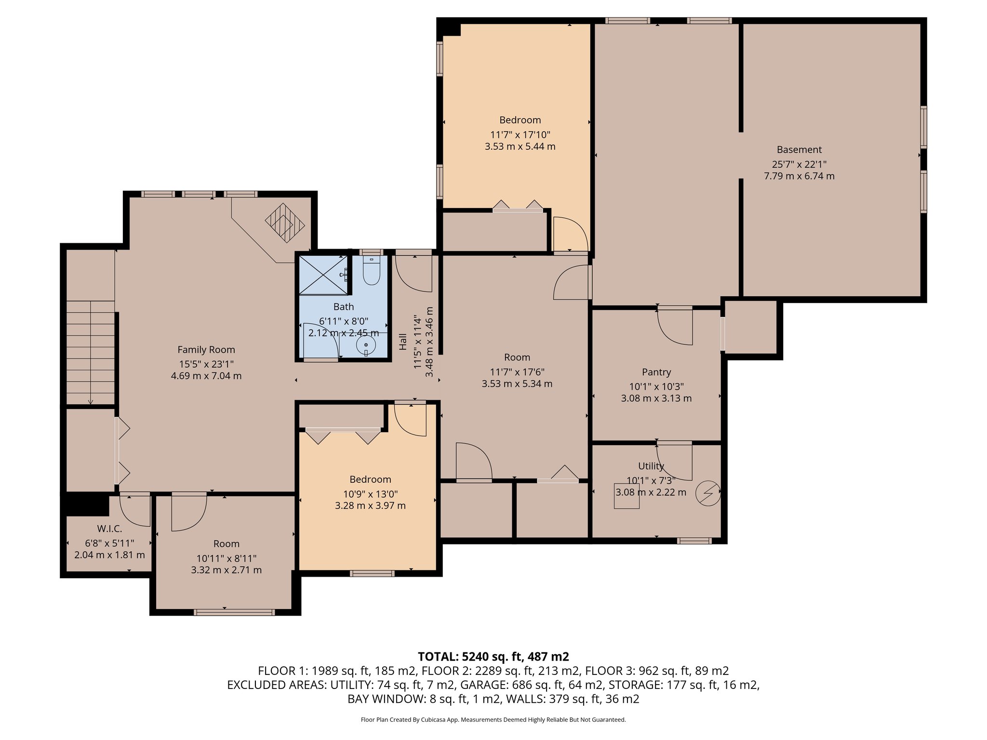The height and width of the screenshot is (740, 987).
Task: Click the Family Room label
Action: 206,350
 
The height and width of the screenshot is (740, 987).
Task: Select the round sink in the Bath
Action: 366,345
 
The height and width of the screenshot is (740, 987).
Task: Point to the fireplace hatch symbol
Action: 285,223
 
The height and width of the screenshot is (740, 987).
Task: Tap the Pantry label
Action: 656,372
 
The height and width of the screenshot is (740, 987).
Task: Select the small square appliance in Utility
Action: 627,496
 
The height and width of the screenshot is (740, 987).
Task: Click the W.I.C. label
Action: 109,529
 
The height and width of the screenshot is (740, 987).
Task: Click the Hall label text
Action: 403,342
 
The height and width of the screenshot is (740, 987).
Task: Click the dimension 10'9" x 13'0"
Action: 370,494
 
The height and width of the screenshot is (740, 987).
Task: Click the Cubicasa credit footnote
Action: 493,720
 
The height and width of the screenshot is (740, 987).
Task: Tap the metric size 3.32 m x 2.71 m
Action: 227,570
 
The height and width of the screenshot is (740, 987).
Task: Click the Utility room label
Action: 651,466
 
